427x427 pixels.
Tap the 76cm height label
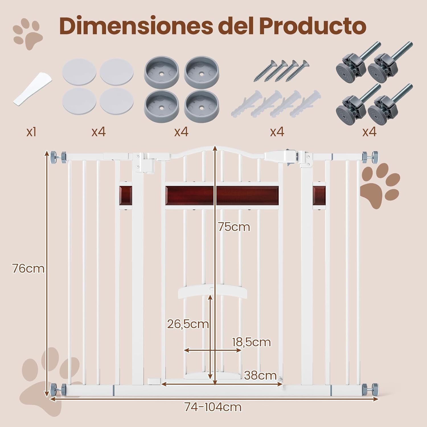28,268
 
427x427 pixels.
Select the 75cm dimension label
234,227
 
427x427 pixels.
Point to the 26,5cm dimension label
188,324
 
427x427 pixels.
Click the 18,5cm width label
251,342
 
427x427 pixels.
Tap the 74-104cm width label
213,407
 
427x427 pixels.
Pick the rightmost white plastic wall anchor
306,103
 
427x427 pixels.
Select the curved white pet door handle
212,292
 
